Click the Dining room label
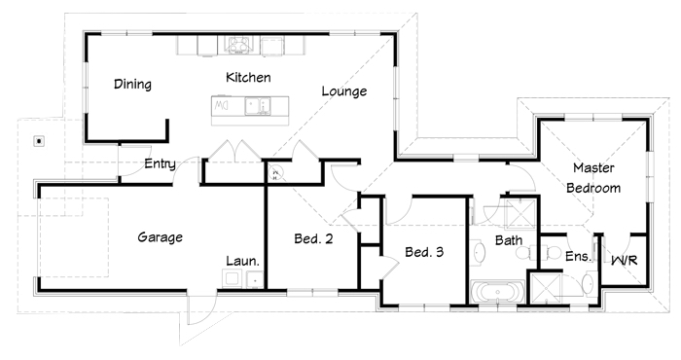click(x=132, y=84)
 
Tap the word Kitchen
click(x=248, y=77)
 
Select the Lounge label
click(x=344, y=91)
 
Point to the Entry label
click(x=160, y=163)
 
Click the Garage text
click(x=160, y=237)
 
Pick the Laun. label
click(x=243, y=261)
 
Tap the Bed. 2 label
click(x=313, y=238)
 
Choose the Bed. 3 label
click(x=424, y=252)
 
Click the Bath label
click(x=509, y=240)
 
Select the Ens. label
click(x=578, y=256)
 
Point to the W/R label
click(x=625, y=261)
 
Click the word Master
click(x=593, y=167)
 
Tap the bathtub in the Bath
click(x=497, y=291)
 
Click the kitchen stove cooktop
click(x=238, y=45)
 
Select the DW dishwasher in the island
click(x=222, y=105)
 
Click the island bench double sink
click(x=258, y=106)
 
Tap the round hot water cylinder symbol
click(x=275, y=174)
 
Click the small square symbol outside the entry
click(x=40, y=141)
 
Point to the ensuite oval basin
click(x=588, y=283)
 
